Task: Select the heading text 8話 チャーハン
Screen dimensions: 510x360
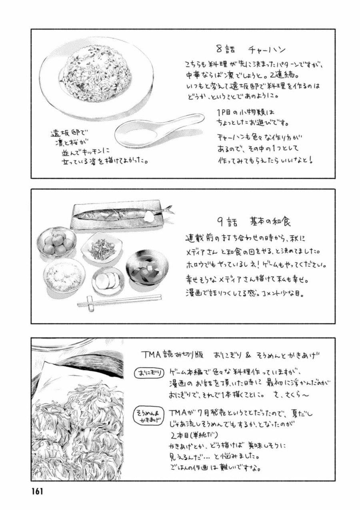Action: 250,50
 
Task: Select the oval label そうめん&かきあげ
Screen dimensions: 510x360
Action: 149,415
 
